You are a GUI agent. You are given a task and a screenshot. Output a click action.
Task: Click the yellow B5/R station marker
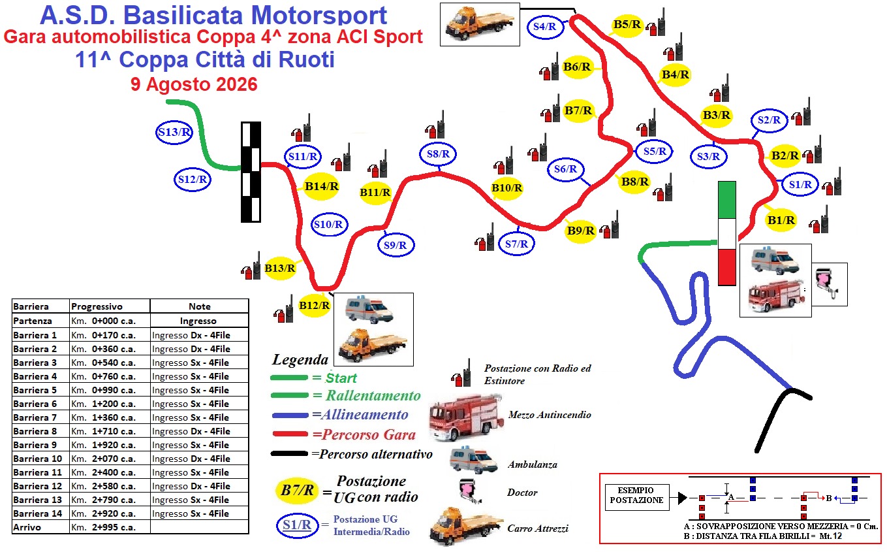(627, 25)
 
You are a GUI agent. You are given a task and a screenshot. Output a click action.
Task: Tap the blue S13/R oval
(174, 133)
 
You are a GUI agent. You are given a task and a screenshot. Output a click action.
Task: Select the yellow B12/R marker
(315, 306)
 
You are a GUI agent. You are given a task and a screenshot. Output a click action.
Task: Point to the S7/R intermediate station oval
(516, 244)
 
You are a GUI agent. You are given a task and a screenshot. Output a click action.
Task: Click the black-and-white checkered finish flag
(251, 172)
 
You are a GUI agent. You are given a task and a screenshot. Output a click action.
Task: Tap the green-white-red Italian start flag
(727, 233)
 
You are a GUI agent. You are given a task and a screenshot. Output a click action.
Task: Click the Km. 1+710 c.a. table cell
(110, 431)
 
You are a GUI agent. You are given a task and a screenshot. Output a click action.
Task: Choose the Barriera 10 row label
(38, 459)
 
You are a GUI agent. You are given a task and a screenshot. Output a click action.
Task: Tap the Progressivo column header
(97, 306)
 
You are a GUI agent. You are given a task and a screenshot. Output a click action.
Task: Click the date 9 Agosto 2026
(194, 84)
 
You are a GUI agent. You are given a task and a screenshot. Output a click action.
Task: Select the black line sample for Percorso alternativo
(289, 454)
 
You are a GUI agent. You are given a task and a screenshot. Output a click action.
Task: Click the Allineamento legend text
(360, 415)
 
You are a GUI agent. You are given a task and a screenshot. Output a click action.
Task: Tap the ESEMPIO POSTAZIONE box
(637, 496)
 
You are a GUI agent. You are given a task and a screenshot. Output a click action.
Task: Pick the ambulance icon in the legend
(474, 461)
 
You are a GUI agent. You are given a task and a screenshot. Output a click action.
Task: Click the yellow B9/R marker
(580, 231)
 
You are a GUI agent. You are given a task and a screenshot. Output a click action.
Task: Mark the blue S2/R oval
(769, 120)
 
